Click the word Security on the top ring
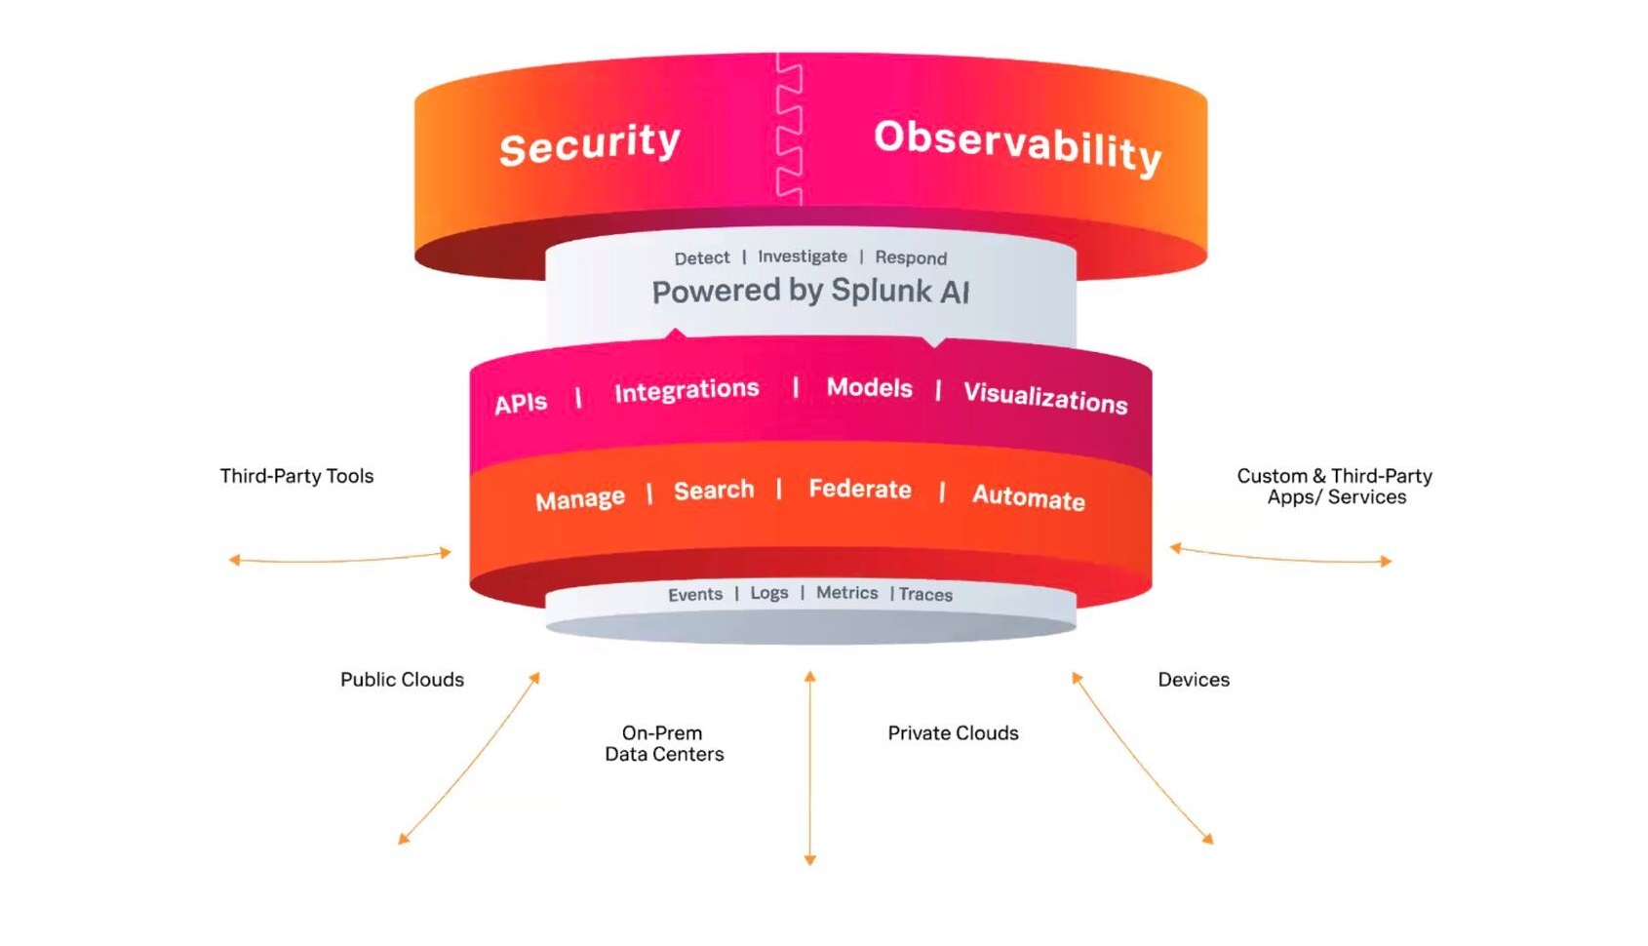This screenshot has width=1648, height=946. point(589,144)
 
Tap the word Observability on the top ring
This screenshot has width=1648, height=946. point(1017,147)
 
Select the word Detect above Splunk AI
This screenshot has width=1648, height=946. point(701,258)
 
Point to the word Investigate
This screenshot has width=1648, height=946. point(802,256)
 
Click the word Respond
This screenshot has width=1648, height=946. point(910,258)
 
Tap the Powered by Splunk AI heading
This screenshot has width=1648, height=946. point(810,292)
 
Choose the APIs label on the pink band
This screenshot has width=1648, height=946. point(520,403)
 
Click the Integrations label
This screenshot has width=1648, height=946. point(686,390)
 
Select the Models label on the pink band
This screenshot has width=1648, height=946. point(869,388)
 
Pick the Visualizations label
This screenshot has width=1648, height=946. point(1044,397)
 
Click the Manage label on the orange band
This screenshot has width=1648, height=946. point(579,499)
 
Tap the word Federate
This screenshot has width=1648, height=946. point(859,489)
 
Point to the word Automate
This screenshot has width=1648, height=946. point(1028,497)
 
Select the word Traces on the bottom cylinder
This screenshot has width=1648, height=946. point(924,594)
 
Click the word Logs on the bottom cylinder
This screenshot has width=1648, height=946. point(768,593)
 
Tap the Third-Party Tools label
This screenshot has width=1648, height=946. point(296,476)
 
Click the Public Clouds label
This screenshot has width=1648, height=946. point(402,680)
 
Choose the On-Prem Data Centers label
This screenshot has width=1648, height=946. point(663,743)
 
